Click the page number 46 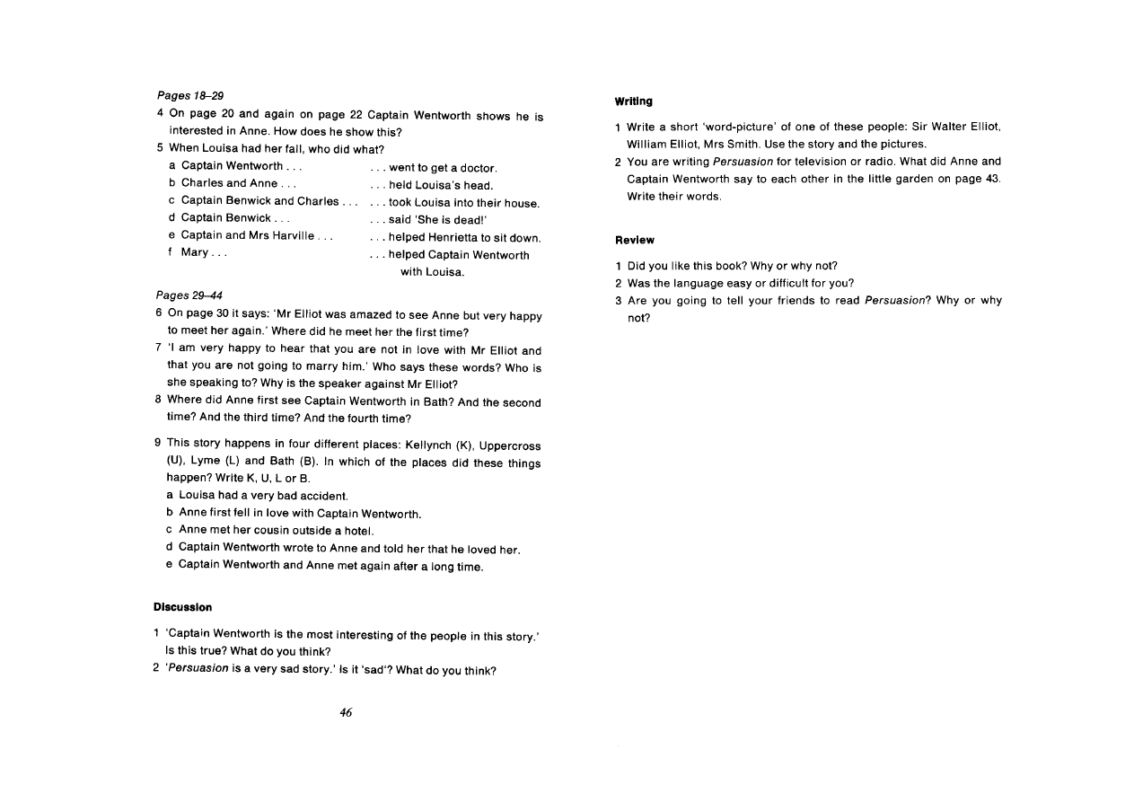click(346, 712)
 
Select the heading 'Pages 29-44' click(189, 295)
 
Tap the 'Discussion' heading click(182, 607)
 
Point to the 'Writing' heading click(634, 101)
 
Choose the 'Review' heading click(635, 240)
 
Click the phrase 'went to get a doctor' click(443, 167)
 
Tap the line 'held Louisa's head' click(440, 185)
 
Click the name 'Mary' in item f click(195, 252)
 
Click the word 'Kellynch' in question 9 click(438, 445)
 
